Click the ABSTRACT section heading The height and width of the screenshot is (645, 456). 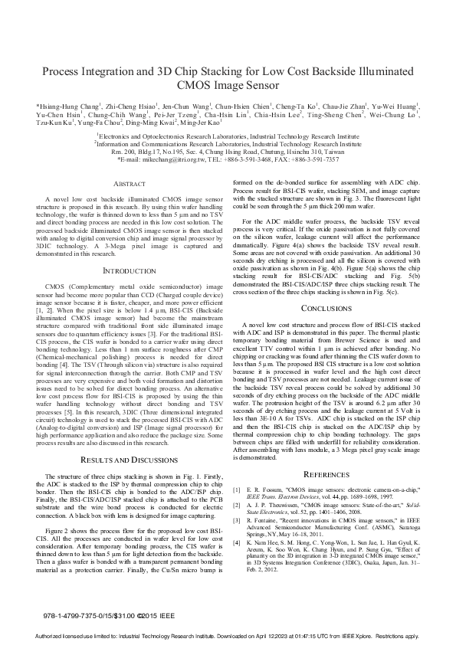pyautogui.click(x=125, y=184)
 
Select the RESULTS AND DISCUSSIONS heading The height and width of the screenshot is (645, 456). pyautogui.click(x=125, y=459)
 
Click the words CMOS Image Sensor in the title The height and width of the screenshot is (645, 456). pyautogui.click(x=228, y=85)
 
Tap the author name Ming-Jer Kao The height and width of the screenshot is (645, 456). pyautogui.click(x=199, y=123)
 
